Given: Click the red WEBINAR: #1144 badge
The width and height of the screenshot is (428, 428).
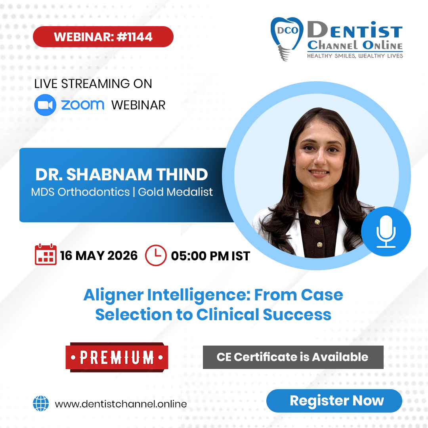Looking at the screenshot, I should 103,37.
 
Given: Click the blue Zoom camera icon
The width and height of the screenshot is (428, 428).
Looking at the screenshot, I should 45,105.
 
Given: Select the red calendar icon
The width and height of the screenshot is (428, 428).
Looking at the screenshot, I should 46,255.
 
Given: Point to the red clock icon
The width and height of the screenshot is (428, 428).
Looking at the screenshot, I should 156,255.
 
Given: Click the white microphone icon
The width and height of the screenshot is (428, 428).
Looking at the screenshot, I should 386,231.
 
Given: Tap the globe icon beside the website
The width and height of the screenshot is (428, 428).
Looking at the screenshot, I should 40,404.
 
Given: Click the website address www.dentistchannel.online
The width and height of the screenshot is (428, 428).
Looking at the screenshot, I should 121,404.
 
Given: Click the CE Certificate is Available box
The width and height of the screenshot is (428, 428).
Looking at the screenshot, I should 293,357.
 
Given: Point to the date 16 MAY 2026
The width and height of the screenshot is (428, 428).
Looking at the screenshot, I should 99,256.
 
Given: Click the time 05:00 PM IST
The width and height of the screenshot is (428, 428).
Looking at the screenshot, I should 210,256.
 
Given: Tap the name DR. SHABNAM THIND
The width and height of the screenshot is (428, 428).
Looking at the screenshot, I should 122,174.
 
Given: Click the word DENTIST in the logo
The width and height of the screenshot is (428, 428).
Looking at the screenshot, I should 355,31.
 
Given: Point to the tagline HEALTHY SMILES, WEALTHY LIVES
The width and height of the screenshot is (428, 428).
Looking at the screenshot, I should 355,56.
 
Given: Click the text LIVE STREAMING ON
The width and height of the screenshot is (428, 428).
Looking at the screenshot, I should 93,84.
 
